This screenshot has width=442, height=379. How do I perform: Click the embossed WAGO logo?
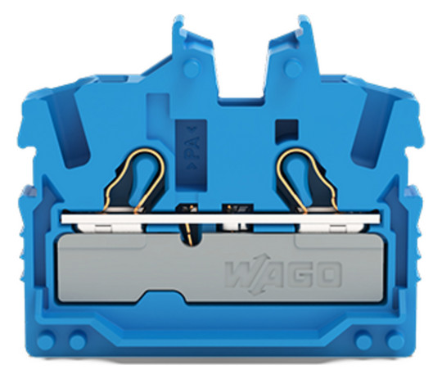(283, 274)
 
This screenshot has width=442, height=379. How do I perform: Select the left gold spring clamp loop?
(133, 180)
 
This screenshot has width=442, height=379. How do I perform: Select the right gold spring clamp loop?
(308, 180)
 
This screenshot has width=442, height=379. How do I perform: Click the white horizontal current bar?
(221, 219)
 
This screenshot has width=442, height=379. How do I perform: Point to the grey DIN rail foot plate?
(221, 268)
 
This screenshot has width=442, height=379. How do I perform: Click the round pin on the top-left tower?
(192, 69)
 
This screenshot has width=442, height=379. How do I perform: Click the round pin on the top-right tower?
(293, 69)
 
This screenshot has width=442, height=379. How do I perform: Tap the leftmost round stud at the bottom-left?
(46, 341)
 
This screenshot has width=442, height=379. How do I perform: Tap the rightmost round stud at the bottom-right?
(395, 341)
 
